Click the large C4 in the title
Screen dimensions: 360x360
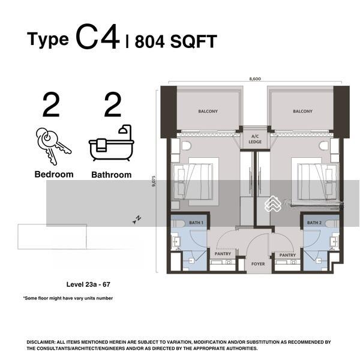(98, 38)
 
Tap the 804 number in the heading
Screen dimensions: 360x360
(149, 41)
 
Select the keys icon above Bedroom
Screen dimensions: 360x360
(53, 146)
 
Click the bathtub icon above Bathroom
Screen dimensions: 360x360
(112, 143)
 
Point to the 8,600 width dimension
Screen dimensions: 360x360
(255, 79)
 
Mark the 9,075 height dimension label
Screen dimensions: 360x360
(154, 181)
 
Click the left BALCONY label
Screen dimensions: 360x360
(208, 112)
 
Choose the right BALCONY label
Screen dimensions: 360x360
(302, 112)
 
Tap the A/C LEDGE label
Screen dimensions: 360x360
(255, 139)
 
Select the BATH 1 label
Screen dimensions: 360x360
(196, 223)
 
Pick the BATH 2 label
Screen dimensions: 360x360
(314, 223)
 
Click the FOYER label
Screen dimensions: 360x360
(258, 264)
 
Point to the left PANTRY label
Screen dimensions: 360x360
(223, 254)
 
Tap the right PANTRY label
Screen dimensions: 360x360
(287, 256)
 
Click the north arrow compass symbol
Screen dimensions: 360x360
(137, 220)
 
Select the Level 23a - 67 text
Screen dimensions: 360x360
(88, 284)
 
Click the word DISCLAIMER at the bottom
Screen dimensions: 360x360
(40, 342)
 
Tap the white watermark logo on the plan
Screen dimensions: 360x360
(273, 204)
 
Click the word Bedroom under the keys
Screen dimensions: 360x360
(54, 175)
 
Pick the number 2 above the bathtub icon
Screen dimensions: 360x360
(113, 104)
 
